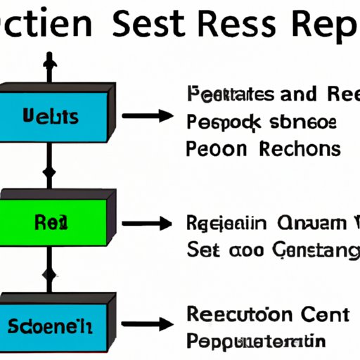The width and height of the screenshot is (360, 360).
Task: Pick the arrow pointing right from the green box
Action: pos(150,224)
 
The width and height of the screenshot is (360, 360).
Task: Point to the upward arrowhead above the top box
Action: pos(48,62)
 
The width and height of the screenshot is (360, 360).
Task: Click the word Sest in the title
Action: pos(149,26)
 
